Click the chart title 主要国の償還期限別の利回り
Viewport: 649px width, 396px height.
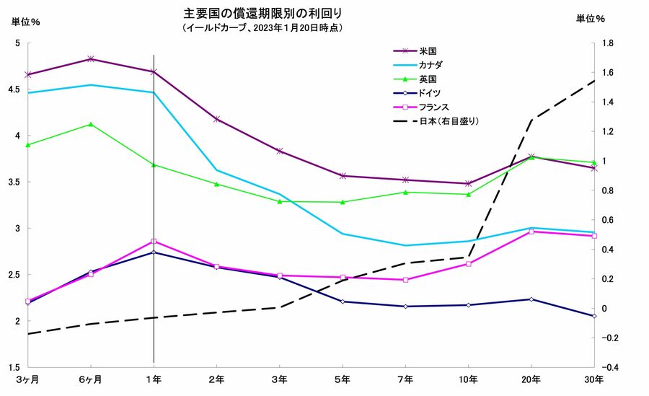click(263, 13)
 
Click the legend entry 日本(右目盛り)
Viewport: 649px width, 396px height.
click(449, 120)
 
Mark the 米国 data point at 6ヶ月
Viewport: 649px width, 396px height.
click(90, 59)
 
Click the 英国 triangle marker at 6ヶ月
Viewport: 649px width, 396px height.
click(90, 124)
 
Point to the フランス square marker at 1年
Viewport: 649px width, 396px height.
click(154, 242)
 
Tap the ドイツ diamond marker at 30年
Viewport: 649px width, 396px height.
click(594, 316)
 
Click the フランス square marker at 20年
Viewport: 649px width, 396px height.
click(531, 232)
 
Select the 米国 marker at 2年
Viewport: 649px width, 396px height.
click(216, 119)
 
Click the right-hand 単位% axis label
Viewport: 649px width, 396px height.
click(590, 19)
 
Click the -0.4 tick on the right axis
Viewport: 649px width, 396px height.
click(607, 367)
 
